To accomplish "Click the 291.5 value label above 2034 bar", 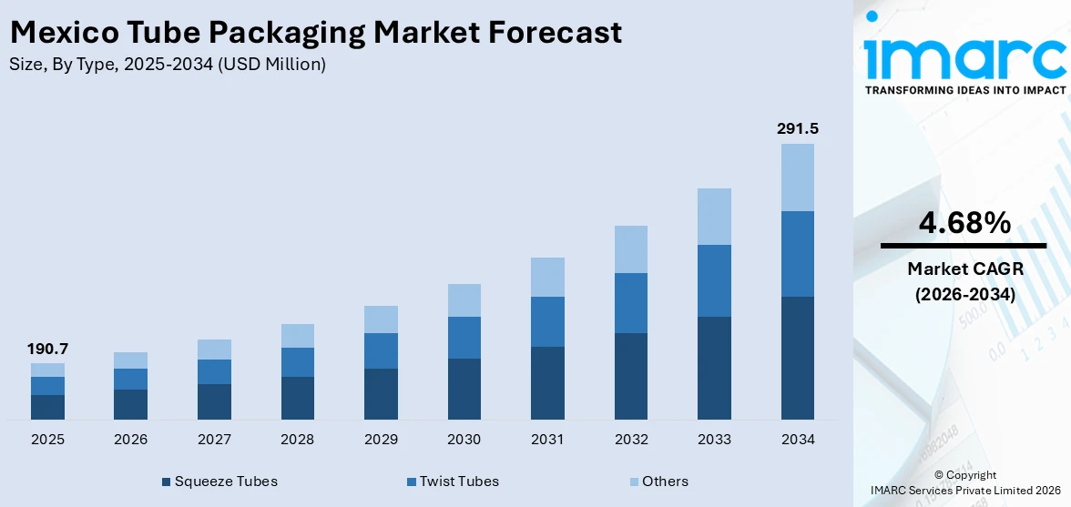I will pyautogui.click(x=797, y=129).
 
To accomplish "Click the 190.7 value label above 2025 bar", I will pyautogui.click(x=47, y=349).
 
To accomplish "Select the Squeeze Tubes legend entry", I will pyautogui.click(x=219, y=482).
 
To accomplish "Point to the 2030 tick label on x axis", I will pyautogui.click(x=464, y=440).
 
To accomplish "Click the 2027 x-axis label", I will pyautogui.click(x=214, y=440).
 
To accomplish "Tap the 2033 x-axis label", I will pyautogui.click(x=714, y=440).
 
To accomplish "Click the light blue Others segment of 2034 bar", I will pyautogui.click(x=797, y=177).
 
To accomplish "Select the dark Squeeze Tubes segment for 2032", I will pyautogui.click(x=630, y=376).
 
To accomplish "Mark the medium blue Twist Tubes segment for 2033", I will pyautogui.click(x=714, y=280).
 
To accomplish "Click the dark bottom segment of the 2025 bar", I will pyautogui.click(x=47, y=407).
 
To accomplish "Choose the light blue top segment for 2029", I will pyautogui.click(x=381, y=319).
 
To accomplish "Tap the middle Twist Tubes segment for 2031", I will pyautogui.click(x=547, y=321).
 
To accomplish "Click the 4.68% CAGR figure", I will pyautogui.click(x=963, y=222).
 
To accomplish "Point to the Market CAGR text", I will pyautogui.click(x=963, y=269).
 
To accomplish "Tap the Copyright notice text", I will pyautogui.click(x=964, y=475).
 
